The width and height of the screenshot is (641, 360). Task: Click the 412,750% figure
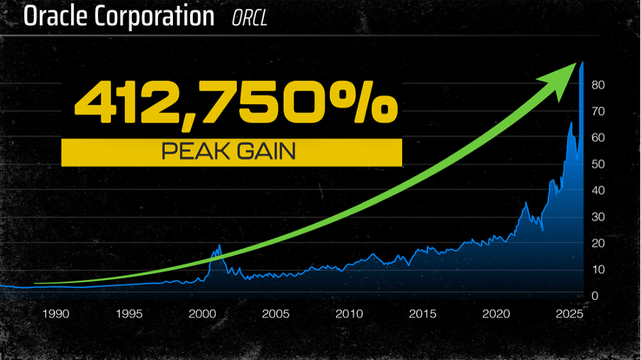coord(236,104)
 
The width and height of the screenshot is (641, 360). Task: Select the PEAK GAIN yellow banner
coord(231,152)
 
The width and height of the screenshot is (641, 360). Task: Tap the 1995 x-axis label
coord(128,313)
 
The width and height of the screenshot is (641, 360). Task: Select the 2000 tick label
coord(201,313)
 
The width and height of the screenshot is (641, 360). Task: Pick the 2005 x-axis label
coord(275,313)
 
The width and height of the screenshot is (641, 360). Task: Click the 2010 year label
coord(348,313)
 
